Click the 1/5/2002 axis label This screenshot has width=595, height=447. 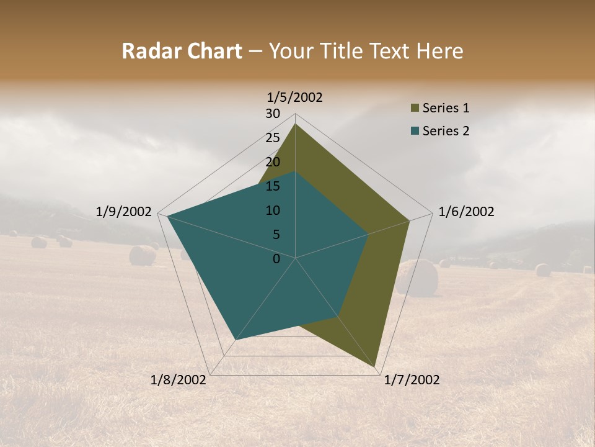pyautogui.click(x=295, y=97)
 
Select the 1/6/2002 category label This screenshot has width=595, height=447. pyautogui.click(x=466, y=212)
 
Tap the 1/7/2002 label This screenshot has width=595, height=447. pyautogui.click(x=412, y=380)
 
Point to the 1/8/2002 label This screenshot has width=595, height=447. pyautogui.click(x=178, y=380)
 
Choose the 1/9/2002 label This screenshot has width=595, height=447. pyautogui.click(x=123, y=212)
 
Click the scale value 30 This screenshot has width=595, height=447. pyautogui.click(x=273, y=114)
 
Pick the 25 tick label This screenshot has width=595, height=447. pyautogui.click(x=273, y=138)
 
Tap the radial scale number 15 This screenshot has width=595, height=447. pyautogui.click(x=273, y=186)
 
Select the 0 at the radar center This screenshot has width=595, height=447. pyautogui.click(x=276, y=259)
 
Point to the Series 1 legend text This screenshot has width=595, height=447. pyautogui.click(x=446, y=108)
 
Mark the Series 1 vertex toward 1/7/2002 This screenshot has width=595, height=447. pyautogui.click(x=375, y=367)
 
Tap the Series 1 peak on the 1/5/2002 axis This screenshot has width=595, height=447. pyautogui.click(x=295, y=124)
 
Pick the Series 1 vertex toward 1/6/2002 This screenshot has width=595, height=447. pyautogui.click(x=410, y=220)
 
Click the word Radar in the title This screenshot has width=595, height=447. pyautogui.click(x=149, y=51)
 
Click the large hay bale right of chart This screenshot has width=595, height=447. pyautogui.click(x=416, y=278)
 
